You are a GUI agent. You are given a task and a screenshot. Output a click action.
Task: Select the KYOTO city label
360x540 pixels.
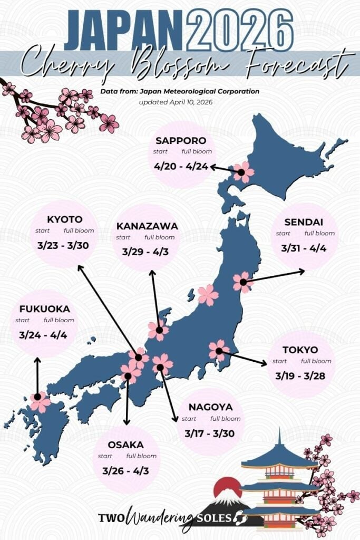[65, 219]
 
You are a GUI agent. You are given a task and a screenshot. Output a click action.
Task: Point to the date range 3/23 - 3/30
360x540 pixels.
[65, 246]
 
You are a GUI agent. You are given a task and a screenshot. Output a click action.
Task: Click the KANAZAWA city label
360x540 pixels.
[147, 226]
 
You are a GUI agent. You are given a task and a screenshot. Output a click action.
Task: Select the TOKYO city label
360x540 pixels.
[300, 350]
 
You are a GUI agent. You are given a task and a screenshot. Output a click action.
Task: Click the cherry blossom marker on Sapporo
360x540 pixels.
[243, 172]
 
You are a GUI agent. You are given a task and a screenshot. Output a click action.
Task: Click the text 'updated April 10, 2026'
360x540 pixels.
[176, 102]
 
